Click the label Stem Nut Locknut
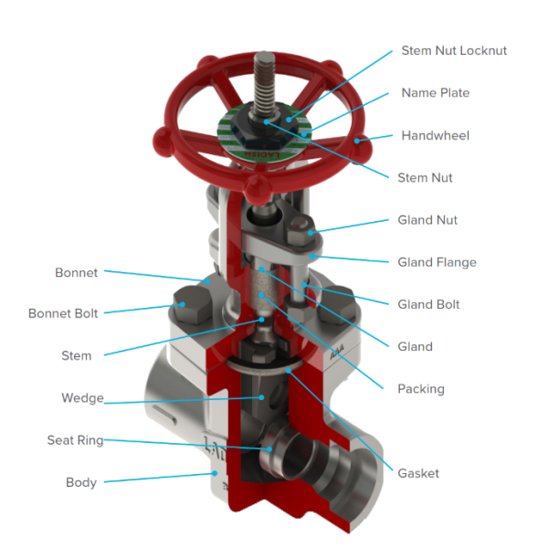(454, 50)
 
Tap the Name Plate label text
(435, 93)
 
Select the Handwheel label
(435, 135)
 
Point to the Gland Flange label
(437, 262)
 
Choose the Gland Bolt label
(428, 304)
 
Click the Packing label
(421, 389)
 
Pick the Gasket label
(418, 473)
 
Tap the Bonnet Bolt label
(63, 313)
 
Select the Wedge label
(82, 398)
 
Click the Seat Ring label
(75, 440)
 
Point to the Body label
(81, 482)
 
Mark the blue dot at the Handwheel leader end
(357, 141)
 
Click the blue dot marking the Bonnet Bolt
(183, 304)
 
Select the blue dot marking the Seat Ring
(269, 449)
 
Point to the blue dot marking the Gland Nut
(311, 232)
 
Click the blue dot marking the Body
(216, 473)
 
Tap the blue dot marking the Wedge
(261, 397)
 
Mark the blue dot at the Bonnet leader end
(207, 281)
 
